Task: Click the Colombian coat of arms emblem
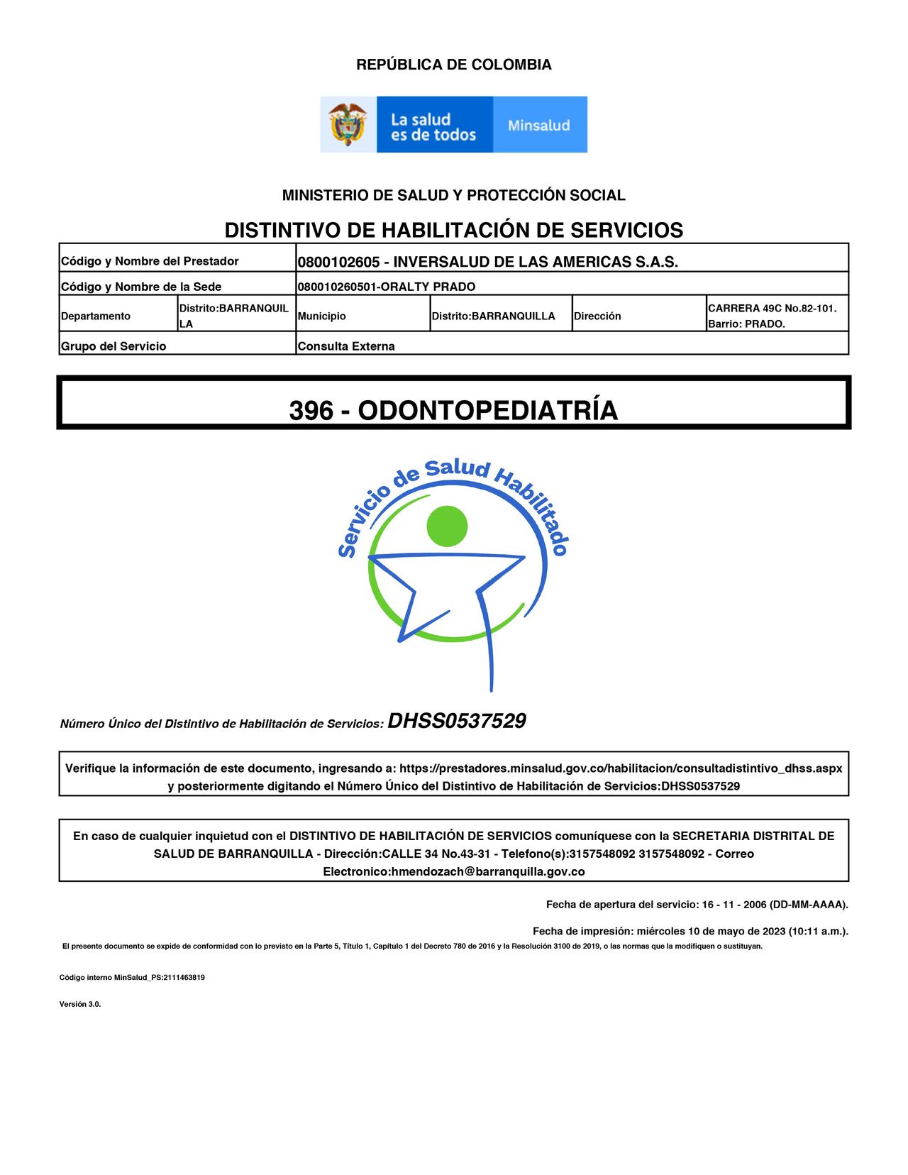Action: tap(348, 124)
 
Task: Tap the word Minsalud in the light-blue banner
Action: tap(539, 126)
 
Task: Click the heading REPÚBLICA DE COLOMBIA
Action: tap(453, 65)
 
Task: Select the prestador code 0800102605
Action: tap(338, 262)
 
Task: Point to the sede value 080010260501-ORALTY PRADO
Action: tap(387, 287)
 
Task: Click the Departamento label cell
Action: tap(96, 316)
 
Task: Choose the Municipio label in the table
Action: tap(322, 316)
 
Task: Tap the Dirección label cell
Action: tap(597, 316)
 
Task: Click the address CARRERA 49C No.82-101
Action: tap(772, 308)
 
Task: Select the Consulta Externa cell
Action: tap(346, 346)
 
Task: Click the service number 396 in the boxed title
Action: tap(311, 411)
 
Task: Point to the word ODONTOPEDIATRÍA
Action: tap(487, 411)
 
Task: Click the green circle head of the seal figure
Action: tap(447, 526)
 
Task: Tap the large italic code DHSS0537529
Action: tap(456, 721)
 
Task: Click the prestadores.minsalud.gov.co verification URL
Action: tap(621, 768)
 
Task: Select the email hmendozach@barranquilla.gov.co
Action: tap(488, 871)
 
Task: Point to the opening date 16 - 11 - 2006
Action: tap(734, 905)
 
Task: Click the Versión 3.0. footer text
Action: tap(80, 1004)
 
